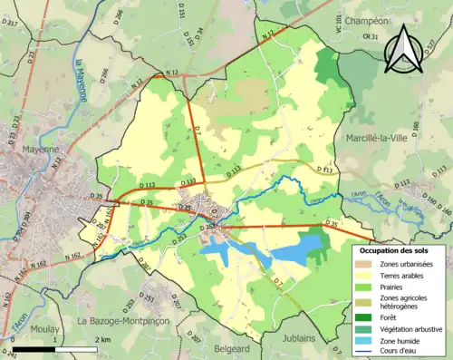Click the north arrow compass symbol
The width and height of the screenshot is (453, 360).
point(402,50)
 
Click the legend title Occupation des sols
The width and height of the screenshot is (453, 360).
point(397,249)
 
